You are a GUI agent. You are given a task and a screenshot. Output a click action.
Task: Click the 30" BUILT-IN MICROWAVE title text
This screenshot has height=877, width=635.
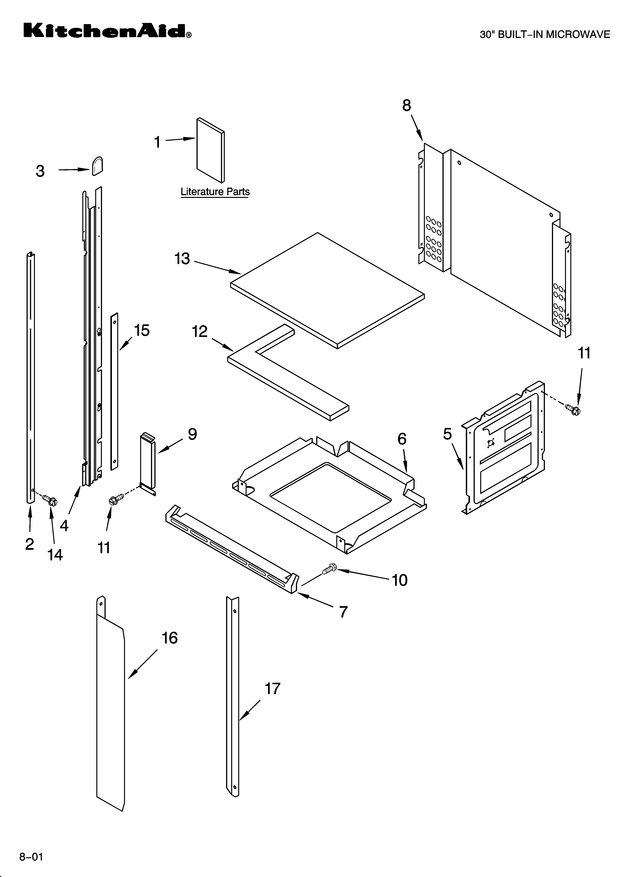click(x=545, y=34)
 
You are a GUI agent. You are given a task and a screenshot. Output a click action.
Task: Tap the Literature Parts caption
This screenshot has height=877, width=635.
click(x=215, y=192)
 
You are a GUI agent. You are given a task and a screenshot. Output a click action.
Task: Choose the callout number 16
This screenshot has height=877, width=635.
click(x=169, y=638)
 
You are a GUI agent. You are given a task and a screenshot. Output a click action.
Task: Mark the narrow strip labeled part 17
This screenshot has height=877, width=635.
click(x=232, y=696)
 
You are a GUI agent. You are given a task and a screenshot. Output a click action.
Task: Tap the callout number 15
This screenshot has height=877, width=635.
click(x=141, y=331)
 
